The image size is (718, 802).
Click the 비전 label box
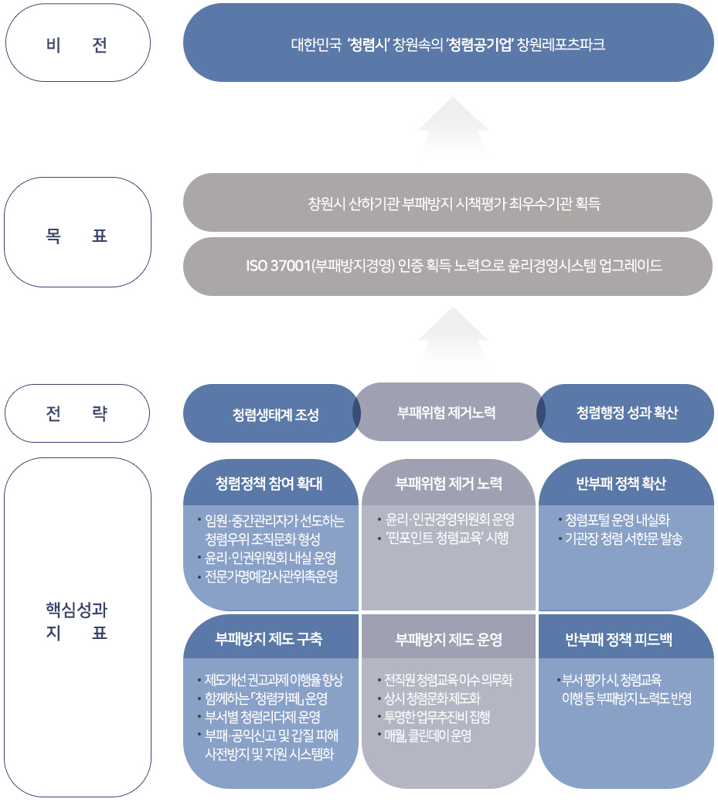(x=77, y=43)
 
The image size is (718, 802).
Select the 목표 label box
(x=77, y=233)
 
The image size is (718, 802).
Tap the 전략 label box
(x=77, y=413)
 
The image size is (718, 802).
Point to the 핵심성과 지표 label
(x=77, y=622)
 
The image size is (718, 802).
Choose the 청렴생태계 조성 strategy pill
(x=271, y=414)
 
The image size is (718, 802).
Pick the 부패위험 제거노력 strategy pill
(x=447, y=413)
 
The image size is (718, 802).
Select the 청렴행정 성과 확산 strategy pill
(x=627, y=413)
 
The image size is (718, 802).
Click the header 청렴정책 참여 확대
(x=269, y=484)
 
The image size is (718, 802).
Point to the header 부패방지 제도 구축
(x=269, y=639)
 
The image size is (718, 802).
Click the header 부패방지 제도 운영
(x=448, y=639)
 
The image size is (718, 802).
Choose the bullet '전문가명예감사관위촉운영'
(x=271, y=577)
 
